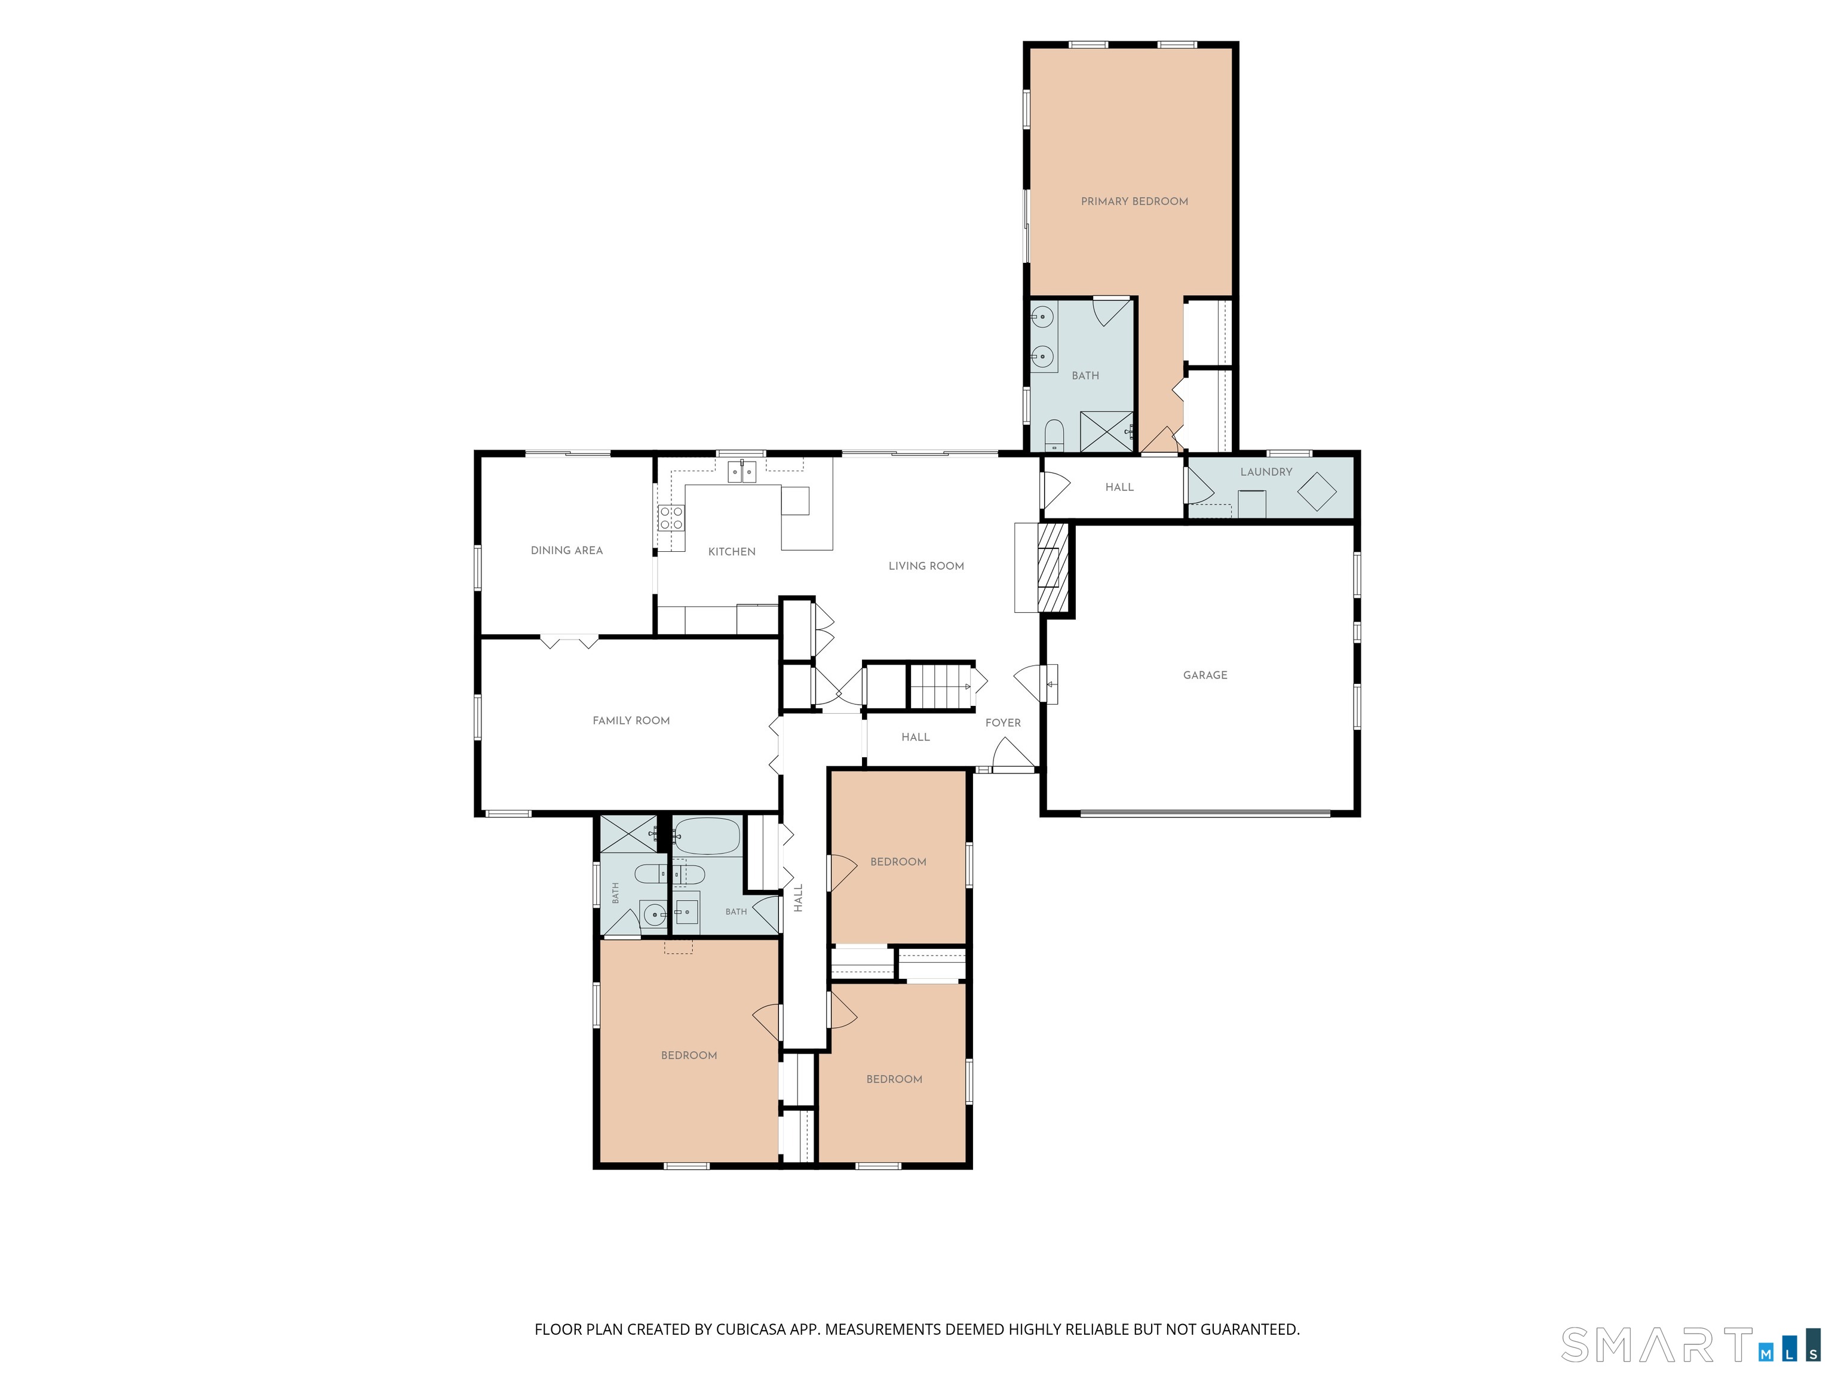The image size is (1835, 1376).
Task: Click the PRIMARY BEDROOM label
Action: pos(1134,201)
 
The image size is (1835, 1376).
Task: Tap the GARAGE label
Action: pos(1205,675)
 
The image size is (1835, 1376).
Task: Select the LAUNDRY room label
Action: pos(1266,472)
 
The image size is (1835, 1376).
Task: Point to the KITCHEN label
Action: pos(732,552)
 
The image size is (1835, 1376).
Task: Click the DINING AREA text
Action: pos(567,550)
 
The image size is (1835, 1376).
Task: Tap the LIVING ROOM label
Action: pos(926,566)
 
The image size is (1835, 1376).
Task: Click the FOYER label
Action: pos(1003,723)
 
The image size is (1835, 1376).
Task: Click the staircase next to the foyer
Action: pos(941,686)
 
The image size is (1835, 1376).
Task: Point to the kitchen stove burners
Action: pos(671,518)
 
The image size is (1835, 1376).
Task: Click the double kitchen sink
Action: pos(742,472)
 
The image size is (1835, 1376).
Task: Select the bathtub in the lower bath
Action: pos(706,836)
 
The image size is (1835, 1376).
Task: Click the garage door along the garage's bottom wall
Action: pos(1205,813)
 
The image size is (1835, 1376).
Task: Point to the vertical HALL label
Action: pos(798,898)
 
